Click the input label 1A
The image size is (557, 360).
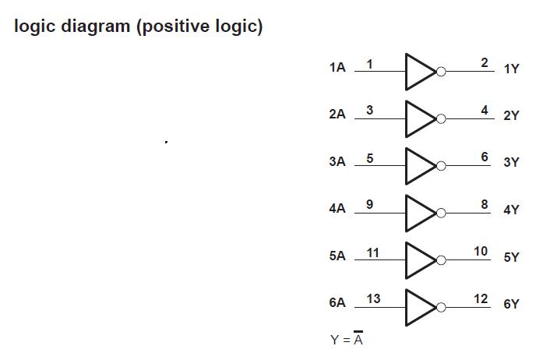[x=337, y=69]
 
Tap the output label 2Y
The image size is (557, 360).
[x=511, y=116]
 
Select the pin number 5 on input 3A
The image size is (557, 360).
[x=369, y=158]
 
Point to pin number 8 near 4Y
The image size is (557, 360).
[x=485, y=204]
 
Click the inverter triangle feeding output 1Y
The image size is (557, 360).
[x=419, y=72]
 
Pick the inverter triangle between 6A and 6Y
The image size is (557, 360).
[x=419, y=306]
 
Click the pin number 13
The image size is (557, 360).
[x=373, y=298]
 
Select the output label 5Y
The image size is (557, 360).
[x=511, y=257]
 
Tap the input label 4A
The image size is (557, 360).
[x=337, y=209]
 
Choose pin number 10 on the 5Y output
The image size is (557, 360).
[x=481, y=251]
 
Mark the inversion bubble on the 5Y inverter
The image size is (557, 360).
[x=441, y=259]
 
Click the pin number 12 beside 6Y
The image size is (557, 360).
[x=481, y=298]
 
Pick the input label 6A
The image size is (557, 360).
[x=337, y=303]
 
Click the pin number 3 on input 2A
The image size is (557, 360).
[x=369, y=111]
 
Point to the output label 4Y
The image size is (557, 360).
[x=511, y=210]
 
